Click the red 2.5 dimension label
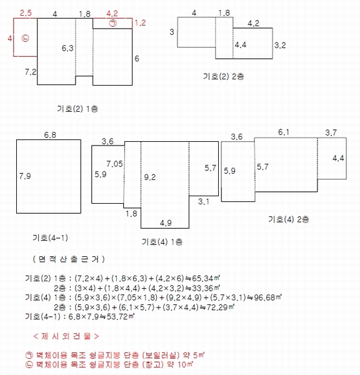(x=26, y=13)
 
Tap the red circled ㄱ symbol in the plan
(x=113, y=23)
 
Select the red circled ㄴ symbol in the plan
(x=25, y=38)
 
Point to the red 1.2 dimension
(x=140, y=23)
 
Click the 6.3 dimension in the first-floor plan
(x=67, y=48)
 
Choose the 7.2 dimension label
(x=31, y=72)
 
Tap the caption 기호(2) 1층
(x=77, y=109)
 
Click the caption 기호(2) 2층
(x=223, y=76)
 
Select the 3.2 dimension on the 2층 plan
(x=280, y=45)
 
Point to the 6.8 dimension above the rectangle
(x=50, y=135)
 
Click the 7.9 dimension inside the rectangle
(x=25, y=176)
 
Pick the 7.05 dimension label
(x=114, y=164)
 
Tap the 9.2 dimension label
(x=150, y=177)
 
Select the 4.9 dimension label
(x=166, y=223)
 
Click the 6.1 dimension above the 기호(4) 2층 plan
(x=284, y=132)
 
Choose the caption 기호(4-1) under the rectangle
(x=50, y=237)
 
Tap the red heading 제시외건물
(x=66, y=336)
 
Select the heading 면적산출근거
(x=69, y=259)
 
